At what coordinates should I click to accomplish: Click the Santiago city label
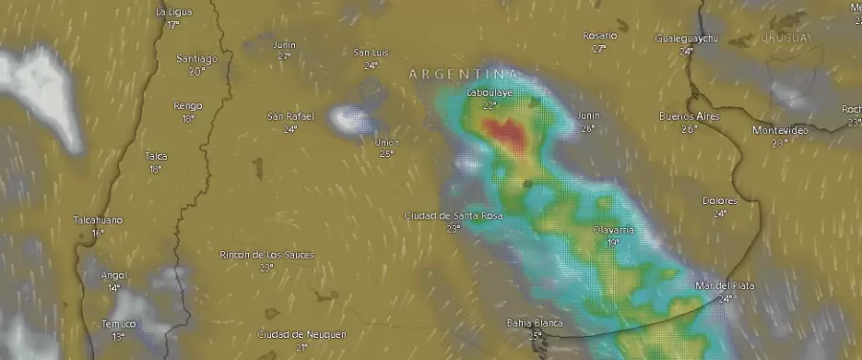point(196,58)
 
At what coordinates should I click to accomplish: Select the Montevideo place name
point(780,130)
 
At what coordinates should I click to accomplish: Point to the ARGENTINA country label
point(465,74)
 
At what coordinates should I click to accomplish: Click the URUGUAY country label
point(786,37)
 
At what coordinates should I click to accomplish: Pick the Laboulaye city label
point(488,93)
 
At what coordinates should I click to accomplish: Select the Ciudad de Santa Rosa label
point(452,215)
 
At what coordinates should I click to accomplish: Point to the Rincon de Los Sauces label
point(266,255)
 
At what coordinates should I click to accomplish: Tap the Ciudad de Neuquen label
point(302,334)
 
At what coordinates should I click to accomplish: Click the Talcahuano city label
point(98,220)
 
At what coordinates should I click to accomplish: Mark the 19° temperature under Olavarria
point(613,242)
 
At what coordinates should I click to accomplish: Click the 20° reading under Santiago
point(196,71)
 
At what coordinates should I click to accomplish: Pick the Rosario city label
point(600,35)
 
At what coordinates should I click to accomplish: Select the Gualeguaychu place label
point(686,38)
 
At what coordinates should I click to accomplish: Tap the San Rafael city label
point(290,117)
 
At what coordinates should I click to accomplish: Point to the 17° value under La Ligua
point(173,24)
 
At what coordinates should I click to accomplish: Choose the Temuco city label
point(118,324)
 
